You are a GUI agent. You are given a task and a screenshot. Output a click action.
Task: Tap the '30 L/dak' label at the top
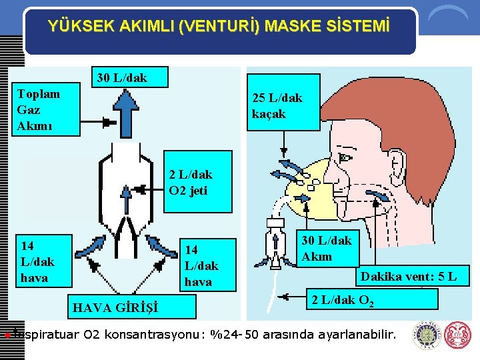coord(122,77)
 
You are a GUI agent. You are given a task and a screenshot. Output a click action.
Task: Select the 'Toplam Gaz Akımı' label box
coord(39,110)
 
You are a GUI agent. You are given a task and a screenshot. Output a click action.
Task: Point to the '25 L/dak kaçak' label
coord(277,106)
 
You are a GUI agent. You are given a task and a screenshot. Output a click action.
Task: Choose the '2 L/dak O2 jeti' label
coord(191,183)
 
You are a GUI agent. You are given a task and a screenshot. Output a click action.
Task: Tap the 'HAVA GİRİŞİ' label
coord(115,307)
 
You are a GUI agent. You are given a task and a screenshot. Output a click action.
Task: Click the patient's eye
coord(344,158)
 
